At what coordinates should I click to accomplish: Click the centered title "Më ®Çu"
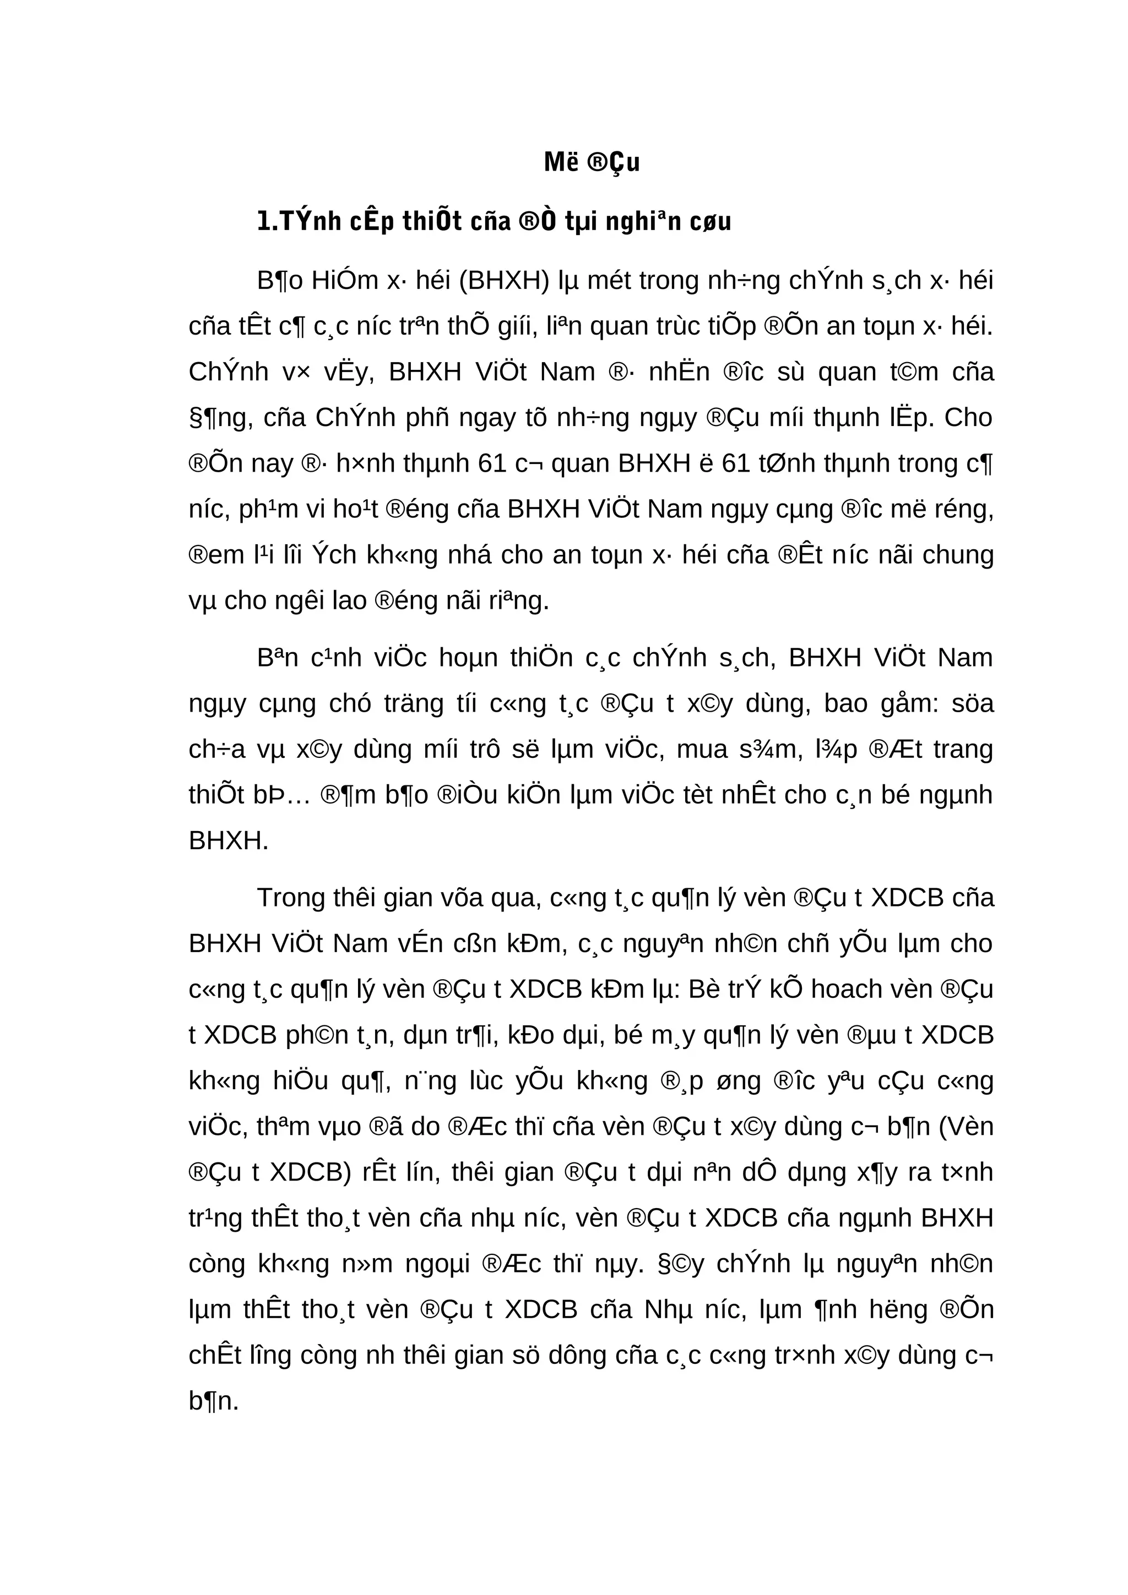[592, 162]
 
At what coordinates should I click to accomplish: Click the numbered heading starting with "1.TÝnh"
[493, 222]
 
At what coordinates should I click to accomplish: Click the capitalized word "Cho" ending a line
[969, 418]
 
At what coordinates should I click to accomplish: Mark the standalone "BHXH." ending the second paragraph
[228, 842]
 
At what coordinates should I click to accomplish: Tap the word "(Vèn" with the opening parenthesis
[966, 1126]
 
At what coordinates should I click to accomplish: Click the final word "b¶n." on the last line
[213, 1401]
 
